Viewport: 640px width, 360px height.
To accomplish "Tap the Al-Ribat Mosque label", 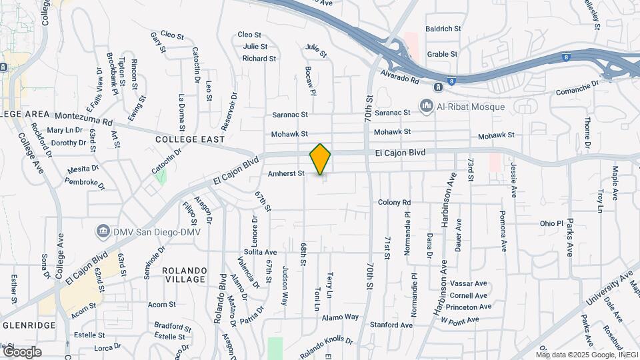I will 471,106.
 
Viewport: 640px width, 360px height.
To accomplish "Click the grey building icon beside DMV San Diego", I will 103,231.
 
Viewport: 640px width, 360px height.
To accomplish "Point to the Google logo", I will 22,351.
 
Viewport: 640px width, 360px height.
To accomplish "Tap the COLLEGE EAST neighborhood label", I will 186,139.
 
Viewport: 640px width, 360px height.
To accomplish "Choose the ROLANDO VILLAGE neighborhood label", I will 184,274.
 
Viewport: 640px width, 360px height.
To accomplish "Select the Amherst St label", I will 286,173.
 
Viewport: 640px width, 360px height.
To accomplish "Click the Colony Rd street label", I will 394,202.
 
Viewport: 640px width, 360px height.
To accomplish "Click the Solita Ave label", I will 260,252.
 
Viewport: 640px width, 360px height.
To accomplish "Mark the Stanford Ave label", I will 391,325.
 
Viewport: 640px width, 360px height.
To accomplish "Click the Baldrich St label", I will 443,29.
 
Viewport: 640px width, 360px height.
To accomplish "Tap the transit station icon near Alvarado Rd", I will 439,87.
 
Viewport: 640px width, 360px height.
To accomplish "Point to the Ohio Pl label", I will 551,223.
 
